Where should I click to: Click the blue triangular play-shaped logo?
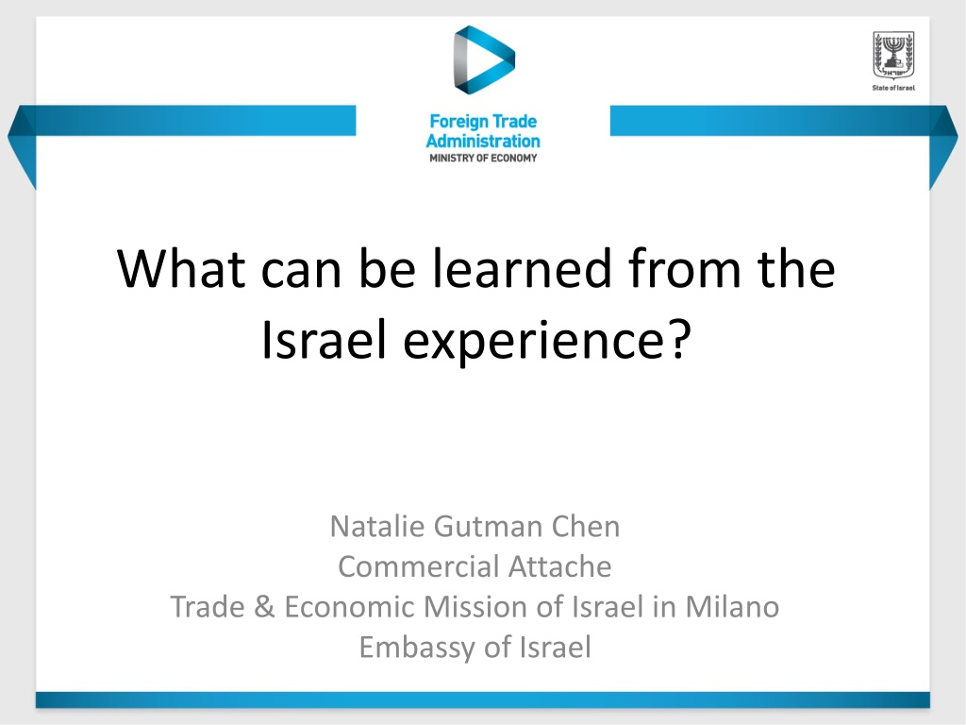pyautogui.click(x=484, y=59)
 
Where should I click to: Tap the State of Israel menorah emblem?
pyautogui.click(x=893, y=56)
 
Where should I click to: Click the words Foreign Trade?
pyautogui.click(x=483, y=122)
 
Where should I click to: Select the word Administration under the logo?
pyautogui.click(x=483, y=142)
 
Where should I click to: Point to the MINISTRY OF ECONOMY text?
pyautogui.click(x=483, y=159)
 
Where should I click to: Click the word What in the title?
pyautogui.click(x=181, y=269)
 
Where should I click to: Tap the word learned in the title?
pyautogui.click(x=521, y=269)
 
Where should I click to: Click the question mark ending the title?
pyautogui.click(x=679, y=338)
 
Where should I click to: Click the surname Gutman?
pyautogui.click(x=488, y=527)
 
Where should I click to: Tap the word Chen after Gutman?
pyautogui.click(x=585, y=527)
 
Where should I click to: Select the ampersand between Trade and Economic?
pyautogui.click(x=264, y=607)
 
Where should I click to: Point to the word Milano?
pyautogui.click(x=732, y=607)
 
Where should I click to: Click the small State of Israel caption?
pyautogui.click(x=893, y=88)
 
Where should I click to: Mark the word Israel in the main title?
pyautogui.click(x=325, y=340)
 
